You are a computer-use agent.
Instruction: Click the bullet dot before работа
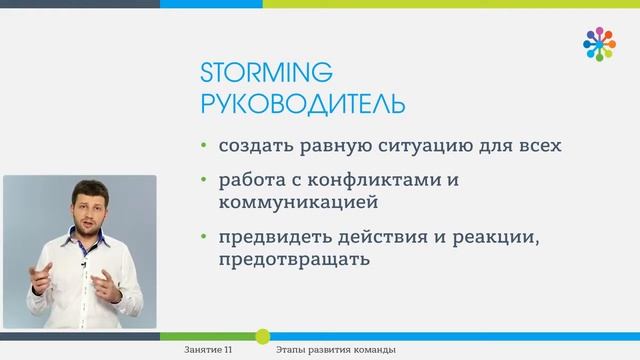(204, 182)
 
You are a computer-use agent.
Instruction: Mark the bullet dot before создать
(204, 146)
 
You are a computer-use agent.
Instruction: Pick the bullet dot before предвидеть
(204, 240)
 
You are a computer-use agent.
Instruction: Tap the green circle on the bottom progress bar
(262, 335)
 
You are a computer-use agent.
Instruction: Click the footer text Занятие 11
(209, 350)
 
